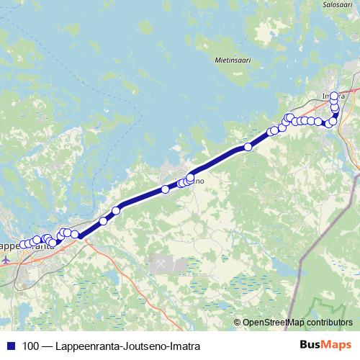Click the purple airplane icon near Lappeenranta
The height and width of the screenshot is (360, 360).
pyautogui.click(x=7, y=259)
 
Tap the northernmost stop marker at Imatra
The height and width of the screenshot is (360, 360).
pyautogui.click(x=334, y=96)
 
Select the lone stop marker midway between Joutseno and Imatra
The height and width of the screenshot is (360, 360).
pyautogui.click(x=248, y=147)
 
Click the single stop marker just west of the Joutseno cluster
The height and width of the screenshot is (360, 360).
pyautogui.click(x=165, y=189)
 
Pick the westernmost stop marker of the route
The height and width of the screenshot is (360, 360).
pyautogui.click(x=21, y=245)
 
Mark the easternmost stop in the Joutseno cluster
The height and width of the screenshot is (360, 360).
pyautogui.click(x=191, y=177)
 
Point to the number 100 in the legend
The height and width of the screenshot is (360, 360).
pyautogui.click(x=31, y=346)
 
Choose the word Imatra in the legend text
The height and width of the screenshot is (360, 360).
pyautogui.click(x=181, y=346)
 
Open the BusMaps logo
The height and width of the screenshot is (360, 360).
pyautogui.click(x=325, y=345)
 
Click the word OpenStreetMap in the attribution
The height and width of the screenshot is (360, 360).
pyautogui.click(x=275, y=322)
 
